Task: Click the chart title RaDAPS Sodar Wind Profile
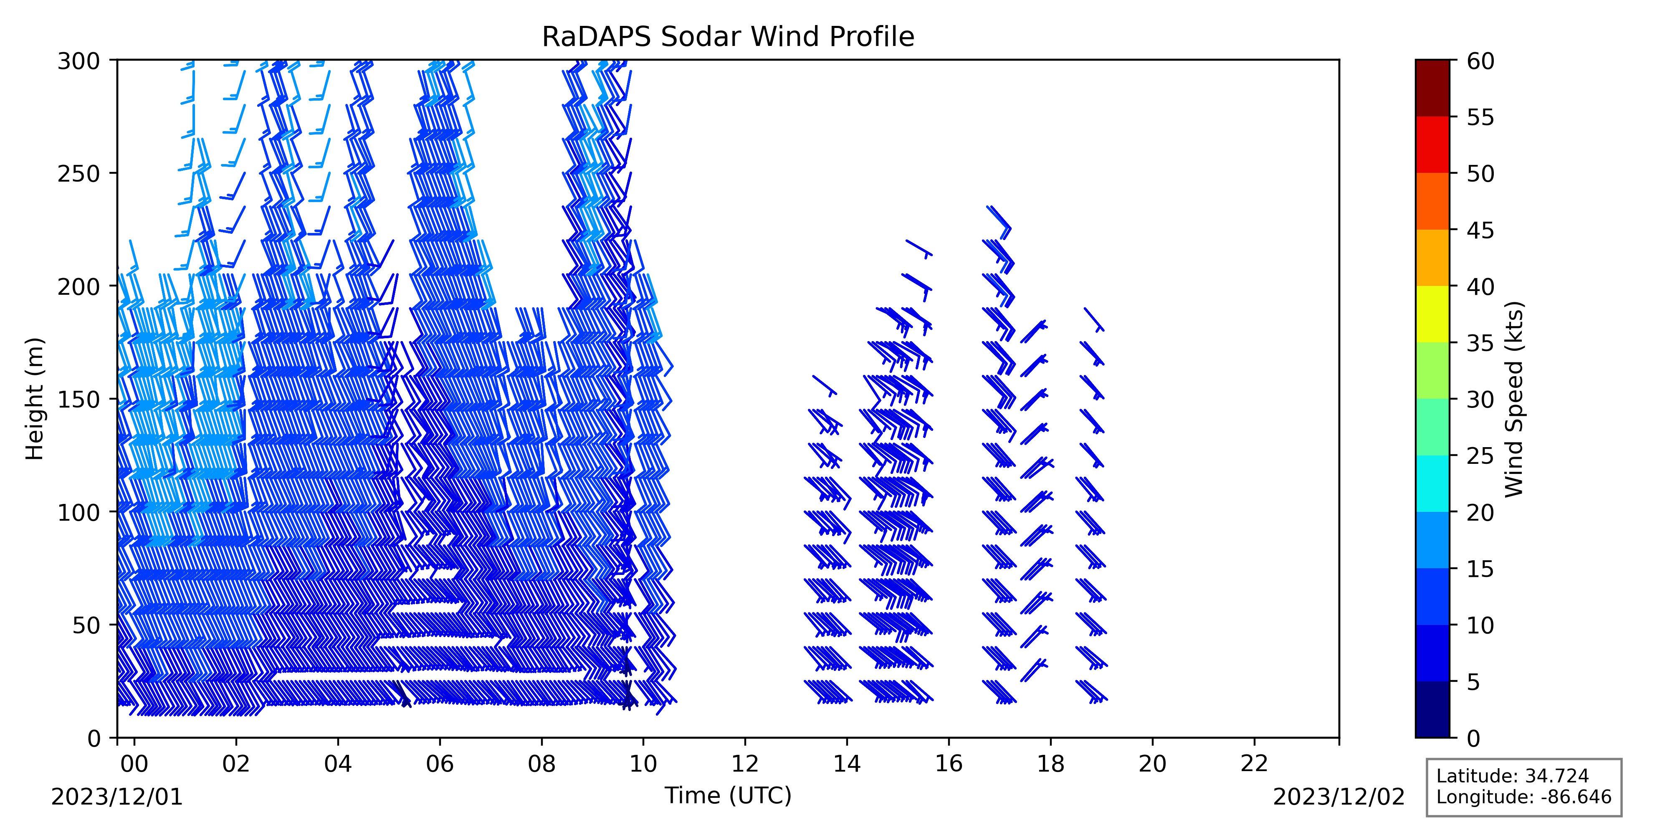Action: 728,37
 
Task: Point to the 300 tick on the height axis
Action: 114,60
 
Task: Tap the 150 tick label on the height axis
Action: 78,400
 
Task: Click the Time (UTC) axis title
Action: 728,795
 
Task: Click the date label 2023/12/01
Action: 117,797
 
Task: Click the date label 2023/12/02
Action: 1339,797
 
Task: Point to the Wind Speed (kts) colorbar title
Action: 1514,399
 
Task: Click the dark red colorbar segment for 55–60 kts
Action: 1432,88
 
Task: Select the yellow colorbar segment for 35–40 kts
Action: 1432,314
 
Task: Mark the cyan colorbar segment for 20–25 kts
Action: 1432,483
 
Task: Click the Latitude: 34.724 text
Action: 1513,776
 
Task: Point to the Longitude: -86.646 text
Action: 1523,797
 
